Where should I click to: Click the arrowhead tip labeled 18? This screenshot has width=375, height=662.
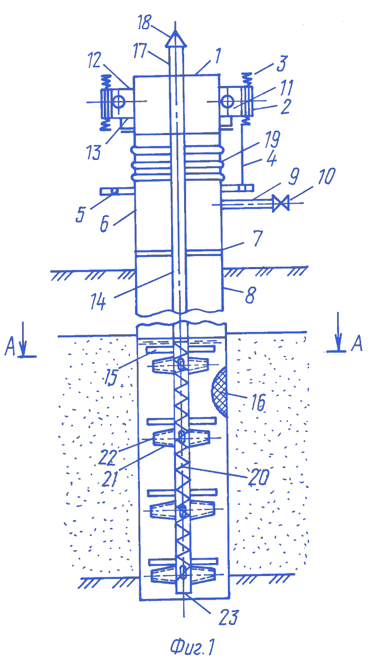[x=175, y=31]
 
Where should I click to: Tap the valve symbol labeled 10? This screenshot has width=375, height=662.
[x=281, y=203]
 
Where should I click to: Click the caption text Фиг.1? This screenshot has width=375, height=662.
[x=192, y=647]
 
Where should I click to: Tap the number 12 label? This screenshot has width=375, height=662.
[x=95, y=60]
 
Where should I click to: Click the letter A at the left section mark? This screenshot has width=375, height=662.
[x=10, y=346]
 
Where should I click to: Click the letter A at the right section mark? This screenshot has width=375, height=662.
[x=357, y=343]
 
